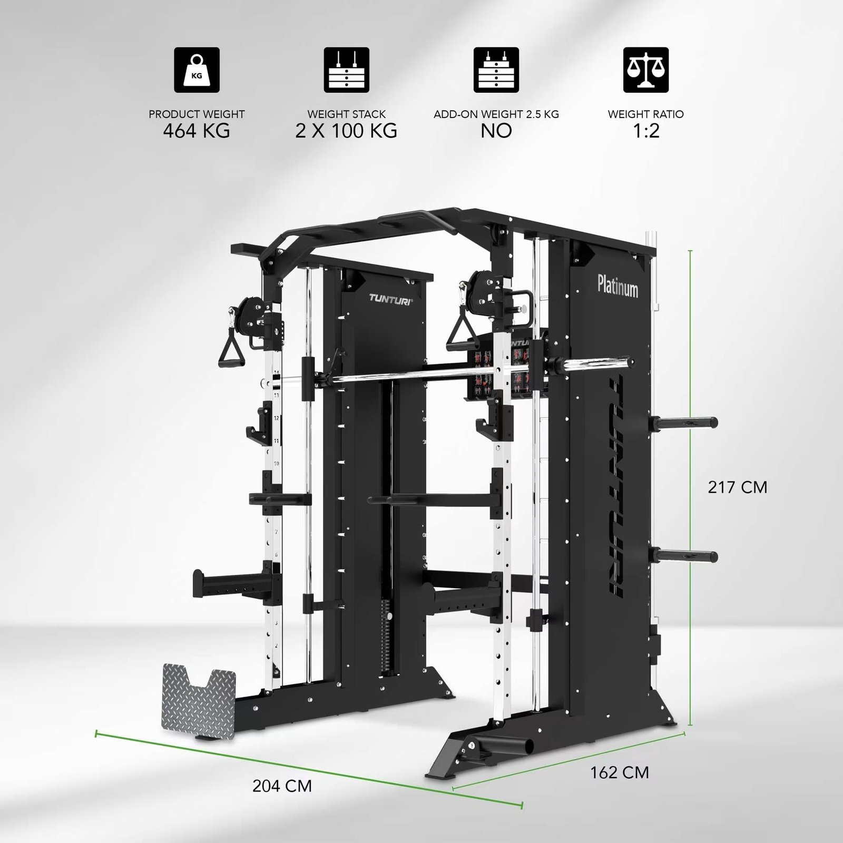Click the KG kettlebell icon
pos(197,70)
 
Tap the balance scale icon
pos(646,70)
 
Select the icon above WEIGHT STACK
pos(346,70)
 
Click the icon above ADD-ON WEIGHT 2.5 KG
pos(496,70)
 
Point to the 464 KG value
pos(197,131)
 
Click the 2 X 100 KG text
pos(346,131)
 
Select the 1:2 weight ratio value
pos(646,131)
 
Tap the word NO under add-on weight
pos(496,131)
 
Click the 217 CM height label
pos(737,487)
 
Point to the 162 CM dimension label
pos(619,772)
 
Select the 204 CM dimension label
pos(282,786)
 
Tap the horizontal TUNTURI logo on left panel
pos(390,299)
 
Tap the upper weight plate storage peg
pos(684,421)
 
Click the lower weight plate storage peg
pos(684,556)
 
